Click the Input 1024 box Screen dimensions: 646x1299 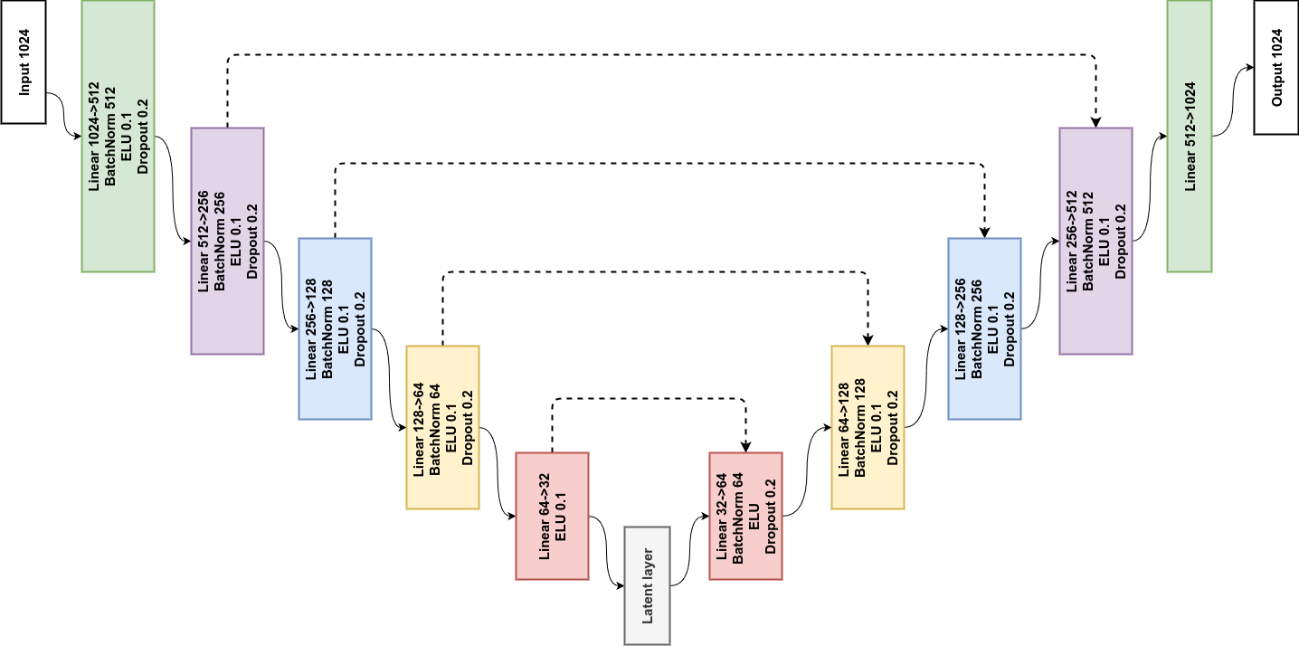click(24, 62)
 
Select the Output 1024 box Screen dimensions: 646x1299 click(1277, 68)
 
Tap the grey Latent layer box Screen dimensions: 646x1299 click(647, 585)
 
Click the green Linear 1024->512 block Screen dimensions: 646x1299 click(118, 136)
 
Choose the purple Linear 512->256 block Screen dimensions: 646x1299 click(227, 241)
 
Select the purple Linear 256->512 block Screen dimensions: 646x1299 click(1095, 241)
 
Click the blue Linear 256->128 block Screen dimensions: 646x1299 click(335, 328)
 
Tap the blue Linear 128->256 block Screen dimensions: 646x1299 click(984, 328)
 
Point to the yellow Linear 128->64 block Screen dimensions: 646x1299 click(442, 427)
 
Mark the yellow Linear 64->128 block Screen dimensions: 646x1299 click(867, 427)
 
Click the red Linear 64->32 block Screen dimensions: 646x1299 click(552, 516)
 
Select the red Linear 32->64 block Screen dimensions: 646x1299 click(745, 516)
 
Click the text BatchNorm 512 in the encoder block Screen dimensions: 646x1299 click(110, 136)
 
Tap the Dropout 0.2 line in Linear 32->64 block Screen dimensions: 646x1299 click(771, 517)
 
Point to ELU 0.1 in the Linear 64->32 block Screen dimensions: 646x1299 click(561, 517)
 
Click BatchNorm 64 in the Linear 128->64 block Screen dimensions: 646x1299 click(434, 428)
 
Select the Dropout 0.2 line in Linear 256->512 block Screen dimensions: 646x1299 click(1121, 241)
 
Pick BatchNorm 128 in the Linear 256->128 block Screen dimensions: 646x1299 click(327, 328)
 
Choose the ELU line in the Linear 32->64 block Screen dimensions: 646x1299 click(754, 517)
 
